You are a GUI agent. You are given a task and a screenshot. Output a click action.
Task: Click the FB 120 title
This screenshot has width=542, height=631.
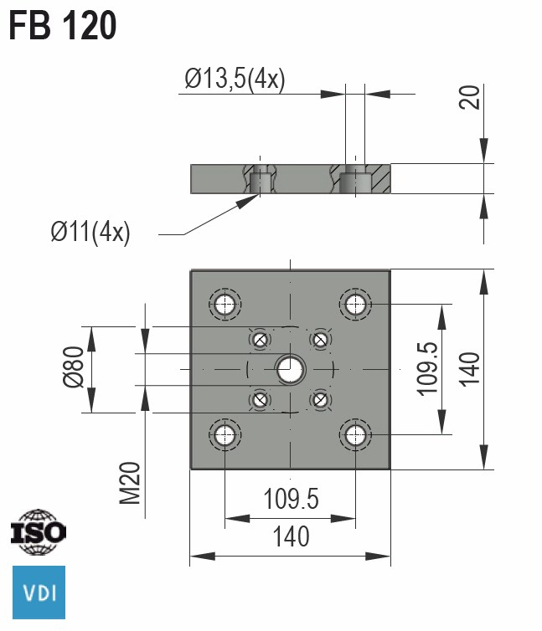coord(63,27)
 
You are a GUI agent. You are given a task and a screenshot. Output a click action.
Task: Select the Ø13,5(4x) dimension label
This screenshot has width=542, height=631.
coord(235,80)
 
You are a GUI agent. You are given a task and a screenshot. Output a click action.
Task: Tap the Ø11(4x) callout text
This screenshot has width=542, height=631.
coord(90,232)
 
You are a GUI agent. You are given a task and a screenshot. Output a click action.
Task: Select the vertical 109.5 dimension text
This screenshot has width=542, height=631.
coord(428,369)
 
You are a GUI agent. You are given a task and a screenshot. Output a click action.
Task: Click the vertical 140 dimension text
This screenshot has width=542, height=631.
coord(470,369)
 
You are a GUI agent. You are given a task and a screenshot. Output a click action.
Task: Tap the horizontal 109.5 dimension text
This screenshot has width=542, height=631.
coord(291,499)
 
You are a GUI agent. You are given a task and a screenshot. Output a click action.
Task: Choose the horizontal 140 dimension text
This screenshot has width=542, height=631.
coord(290,536)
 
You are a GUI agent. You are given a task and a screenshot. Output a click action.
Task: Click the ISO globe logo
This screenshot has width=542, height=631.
coord(38,531)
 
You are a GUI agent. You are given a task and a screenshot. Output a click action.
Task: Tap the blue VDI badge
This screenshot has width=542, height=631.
coord(38,593)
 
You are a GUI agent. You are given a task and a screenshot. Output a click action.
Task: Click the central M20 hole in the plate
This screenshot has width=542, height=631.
coord(290,368)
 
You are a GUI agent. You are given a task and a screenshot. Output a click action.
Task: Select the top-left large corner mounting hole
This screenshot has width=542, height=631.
coord(225,304)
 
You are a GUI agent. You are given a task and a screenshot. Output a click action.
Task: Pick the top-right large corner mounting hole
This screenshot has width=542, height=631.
coord(355,303)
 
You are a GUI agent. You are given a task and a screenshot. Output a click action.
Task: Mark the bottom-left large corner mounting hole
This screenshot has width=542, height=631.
coord(225,434)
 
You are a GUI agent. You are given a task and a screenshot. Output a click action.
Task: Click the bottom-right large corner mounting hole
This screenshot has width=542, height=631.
coord(355,434)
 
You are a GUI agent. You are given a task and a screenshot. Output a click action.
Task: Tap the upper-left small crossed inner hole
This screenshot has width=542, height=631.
coord(261,339)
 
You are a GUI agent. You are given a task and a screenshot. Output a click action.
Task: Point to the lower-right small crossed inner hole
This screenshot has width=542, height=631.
coord(319,399)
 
